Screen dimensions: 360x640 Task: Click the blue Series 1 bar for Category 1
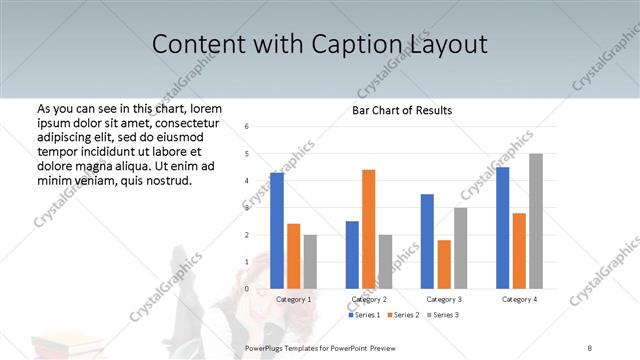277,231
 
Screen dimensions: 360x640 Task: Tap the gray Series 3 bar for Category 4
536,221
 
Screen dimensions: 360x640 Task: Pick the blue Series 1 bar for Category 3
427,241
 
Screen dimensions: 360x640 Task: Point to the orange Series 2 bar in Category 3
444,264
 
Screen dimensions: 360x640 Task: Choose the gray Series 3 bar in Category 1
310,262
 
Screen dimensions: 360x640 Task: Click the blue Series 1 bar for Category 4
502,228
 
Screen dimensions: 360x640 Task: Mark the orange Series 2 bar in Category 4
519,251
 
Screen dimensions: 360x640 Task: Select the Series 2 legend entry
403,315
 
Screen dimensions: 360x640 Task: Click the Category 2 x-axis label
368,299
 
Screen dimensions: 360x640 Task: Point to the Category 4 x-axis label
519,299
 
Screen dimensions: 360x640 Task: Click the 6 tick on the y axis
247,127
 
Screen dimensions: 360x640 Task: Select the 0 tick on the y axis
247,289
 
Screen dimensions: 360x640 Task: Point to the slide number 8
590,348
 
